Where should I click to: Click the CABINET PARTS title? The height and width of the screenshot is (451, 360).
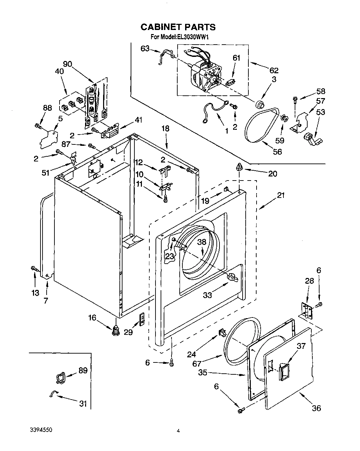178,27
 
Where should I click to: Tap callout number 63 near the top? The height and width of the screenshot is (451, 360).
145,49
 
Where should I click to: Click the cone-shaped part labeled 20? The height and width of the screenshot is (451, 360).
240,167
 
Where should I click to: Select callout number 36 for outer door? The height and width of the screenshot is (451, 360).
316,408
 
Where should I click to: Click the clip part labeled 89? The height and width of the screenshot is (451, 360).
60,377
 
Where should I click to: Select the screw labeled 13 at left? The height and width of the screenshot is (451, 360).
34,269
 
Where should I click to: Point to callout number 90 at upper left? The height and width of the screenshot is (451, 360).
68,64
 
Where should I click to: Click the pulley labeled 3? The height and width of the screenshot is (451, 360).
261,103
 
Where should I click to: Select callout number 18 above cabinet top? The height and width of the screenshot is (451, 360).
165,129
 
